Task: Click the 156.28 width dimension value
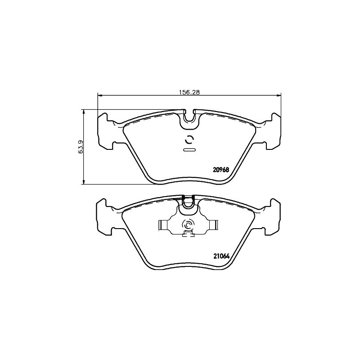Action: click(x=189, y=92)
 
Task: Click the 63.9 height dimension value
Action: click(x=80, y=147)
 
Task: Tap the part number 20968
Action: click(x=221, y=170)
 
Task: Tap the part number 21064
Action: click(x=221, y=256)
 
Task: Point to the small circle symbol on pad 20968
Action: click(x=189, y=139)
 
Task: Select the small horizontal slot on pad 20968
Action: click(x=189, y=150)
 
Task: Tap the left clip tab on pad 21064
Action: click(x=163, y=225)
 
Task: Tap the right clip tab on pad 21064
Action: click(x=213, y=225)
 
